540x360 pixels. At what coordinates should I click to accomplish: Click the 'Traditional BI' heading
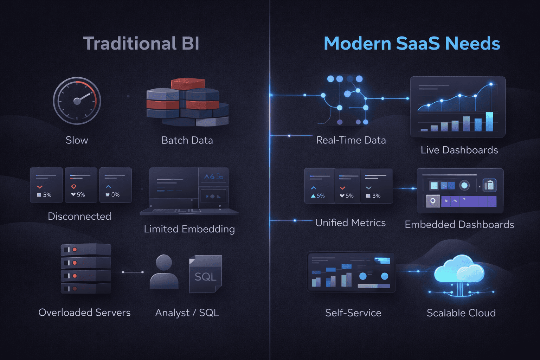click(x=141, y=44)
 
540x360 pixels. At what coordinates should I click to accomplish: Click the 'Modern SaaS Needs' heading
click(x=412, y=44)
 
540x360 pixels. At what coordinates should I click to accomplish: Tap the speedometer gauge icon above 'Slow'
click(x=77, y=101)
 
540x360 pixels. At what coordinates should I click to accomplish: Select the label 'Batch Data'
click(x=187, y=140)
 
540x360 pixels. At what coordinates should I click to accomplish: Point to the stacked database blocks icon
click(x=187, y=102)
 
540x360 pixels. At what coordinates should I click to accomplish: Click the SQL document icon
click(x=205, y=274)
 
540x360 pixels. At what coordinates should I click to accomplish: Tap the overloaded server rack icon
click(x=86, y=269)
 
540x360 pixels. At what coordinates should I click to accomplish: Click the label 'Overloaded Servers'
click(x=84, y=313)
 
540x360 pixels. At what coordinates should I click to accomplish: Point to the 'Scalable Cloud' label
click(x=461, y=313)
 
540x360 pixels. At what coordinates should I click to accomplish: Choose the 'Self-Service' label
click(x=353, y=313)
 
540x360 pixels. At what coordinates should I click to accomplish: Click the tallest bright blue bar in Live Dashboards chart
click(x=489, y=121)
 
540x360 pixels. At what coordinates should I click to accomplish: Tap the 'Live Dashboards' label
click(x=459, y=150)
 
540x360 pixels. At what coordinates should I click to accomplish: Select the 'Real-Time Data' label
click(x=351, y=140)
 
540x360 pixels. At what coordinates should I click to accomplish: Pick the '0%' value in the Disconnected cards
click(x=115, y=195)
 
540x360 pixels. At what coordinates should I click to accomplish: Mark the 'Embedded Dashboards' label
click(x=459, y=225)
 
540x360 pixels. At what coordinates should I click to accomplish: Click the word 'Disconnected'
click(x=79, y=216)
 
